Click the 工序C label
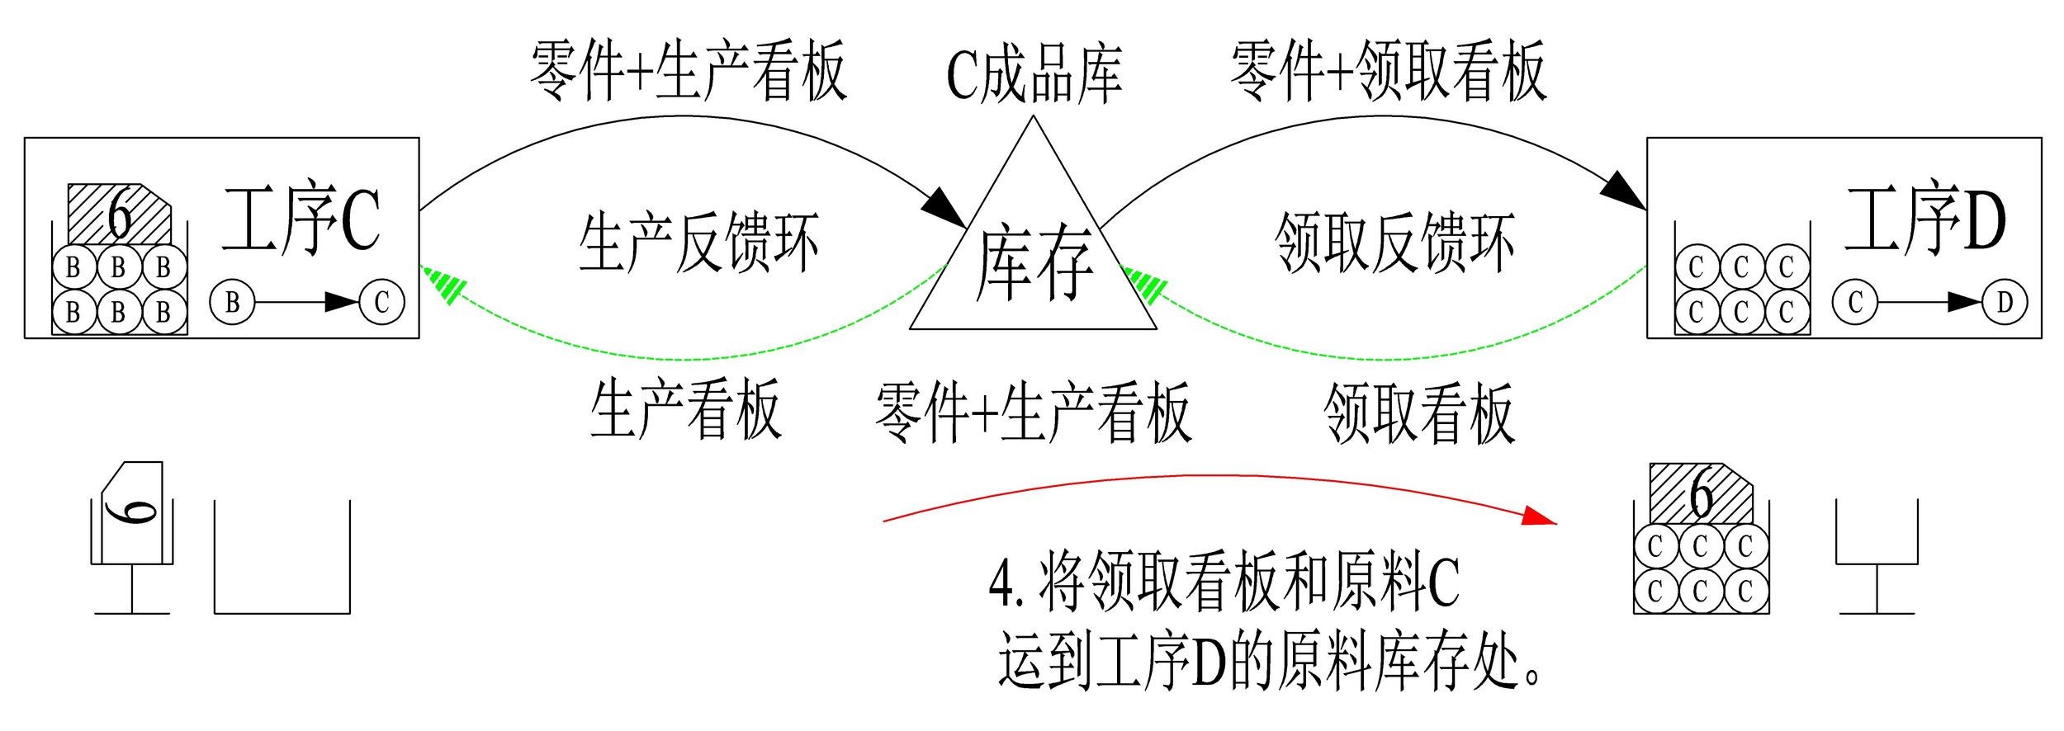click(x=301, y=219)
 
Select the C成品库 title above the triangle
click(x=1034, y=74)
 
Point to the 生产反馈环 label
click(x=698, y=243)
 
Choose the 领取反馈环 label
click(x=1394, y=243)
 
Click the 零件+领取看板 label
click(x=1388, y=71)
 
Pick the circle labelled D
click(x=2005, y=302)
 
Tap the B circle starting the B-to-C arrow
click(x=233, y=302)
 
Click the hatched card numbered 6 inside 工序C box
click(x=119, y=215)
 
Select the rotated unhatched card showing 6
click(x=133, y=512)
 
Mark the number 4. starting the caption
click(x=1006, y=584)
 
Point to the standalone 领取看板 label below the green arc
click(x=1419, y=413)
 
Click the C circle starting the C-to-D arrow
click(x=1855, y=302)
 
